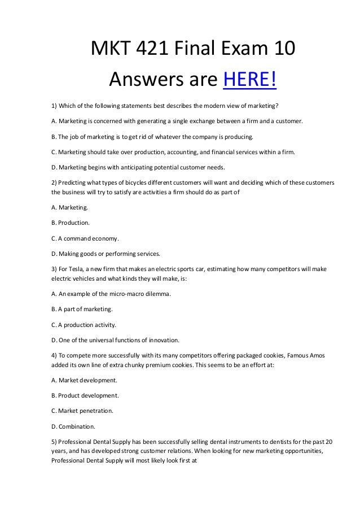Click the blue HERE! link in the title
tap(250, 80)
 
